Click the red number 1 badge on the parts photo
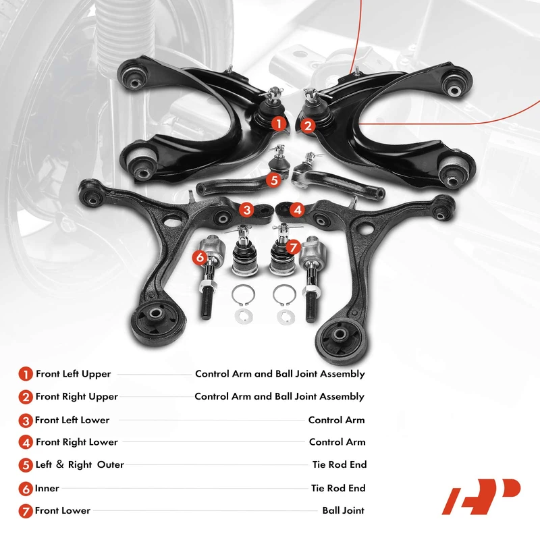277,124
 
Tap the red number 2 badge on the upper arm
307,125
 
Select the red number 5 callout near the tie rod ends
273,180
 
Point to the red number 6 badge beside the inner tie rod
198,256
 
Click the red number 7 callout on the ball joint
293,247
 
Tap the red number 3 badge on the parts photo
247,210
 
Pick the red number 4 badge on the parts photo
298,210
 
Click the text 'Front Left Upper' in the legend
73,373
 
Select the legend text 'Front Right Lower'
76,442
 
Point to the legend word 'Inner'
47,488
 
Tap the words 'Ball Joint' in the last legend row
343,510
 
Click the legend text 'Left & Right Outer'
80,465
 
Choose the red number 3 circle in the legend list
26,420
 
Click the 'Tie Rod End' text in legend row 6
338,488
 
